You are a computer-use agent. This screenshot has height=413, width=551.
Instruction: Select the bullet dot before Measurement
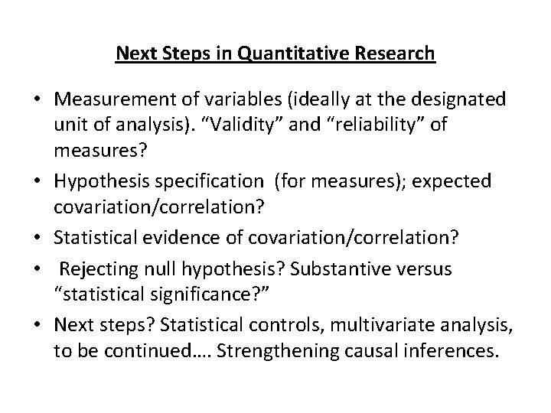[x=37, y=100]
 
